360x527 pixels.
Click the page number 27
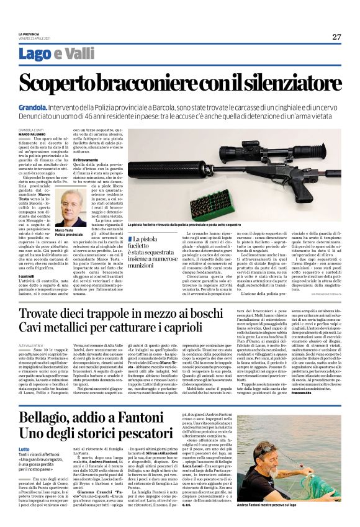coord(336,37)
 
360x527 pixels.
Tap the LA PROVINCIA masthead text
coord(30,33)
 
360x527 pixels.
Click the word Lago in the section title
coord(34,55)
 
